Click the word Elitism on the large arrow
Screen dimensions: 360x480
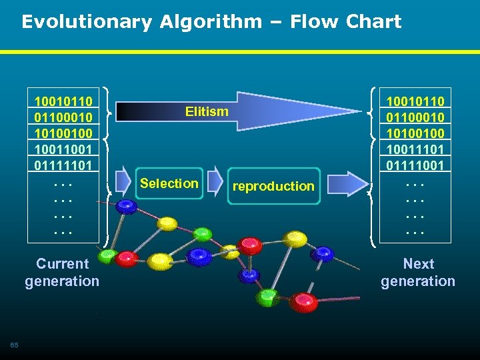(x=207, y=111)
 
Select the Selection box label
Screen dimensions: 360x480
(x=169, y=183)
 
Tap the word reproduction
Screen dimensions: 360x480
(x=273, y=186)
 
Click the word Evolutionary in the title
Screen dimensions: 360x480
(x=87, y=22)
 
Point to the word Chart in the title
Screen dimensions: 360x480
(x=373, y=22)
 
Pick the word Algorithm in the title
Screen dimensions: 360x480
(x=211, y=22)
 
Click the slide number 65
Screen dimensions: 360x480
(x=14, y=344)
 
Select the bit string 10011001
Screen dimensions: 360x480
(x=63, y=148)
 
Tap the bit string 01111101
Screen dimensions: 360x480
(x=63, y=164)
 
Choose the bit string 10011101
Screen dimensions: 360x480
(x=415, y=148)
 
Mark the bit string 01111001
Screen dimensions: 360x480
(x=415, y=164)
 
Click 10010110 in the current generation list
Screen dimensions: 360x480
(x=63, y=101)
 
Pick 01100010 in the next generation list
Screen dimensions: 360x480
(x=415, y=117)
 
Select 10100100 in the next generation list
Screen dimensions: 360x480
(x=415, y=133)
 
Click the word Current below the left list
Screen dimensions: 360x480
(x=63, y=264)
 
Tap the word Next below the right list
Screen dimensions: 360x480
(x=418, y=264)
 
